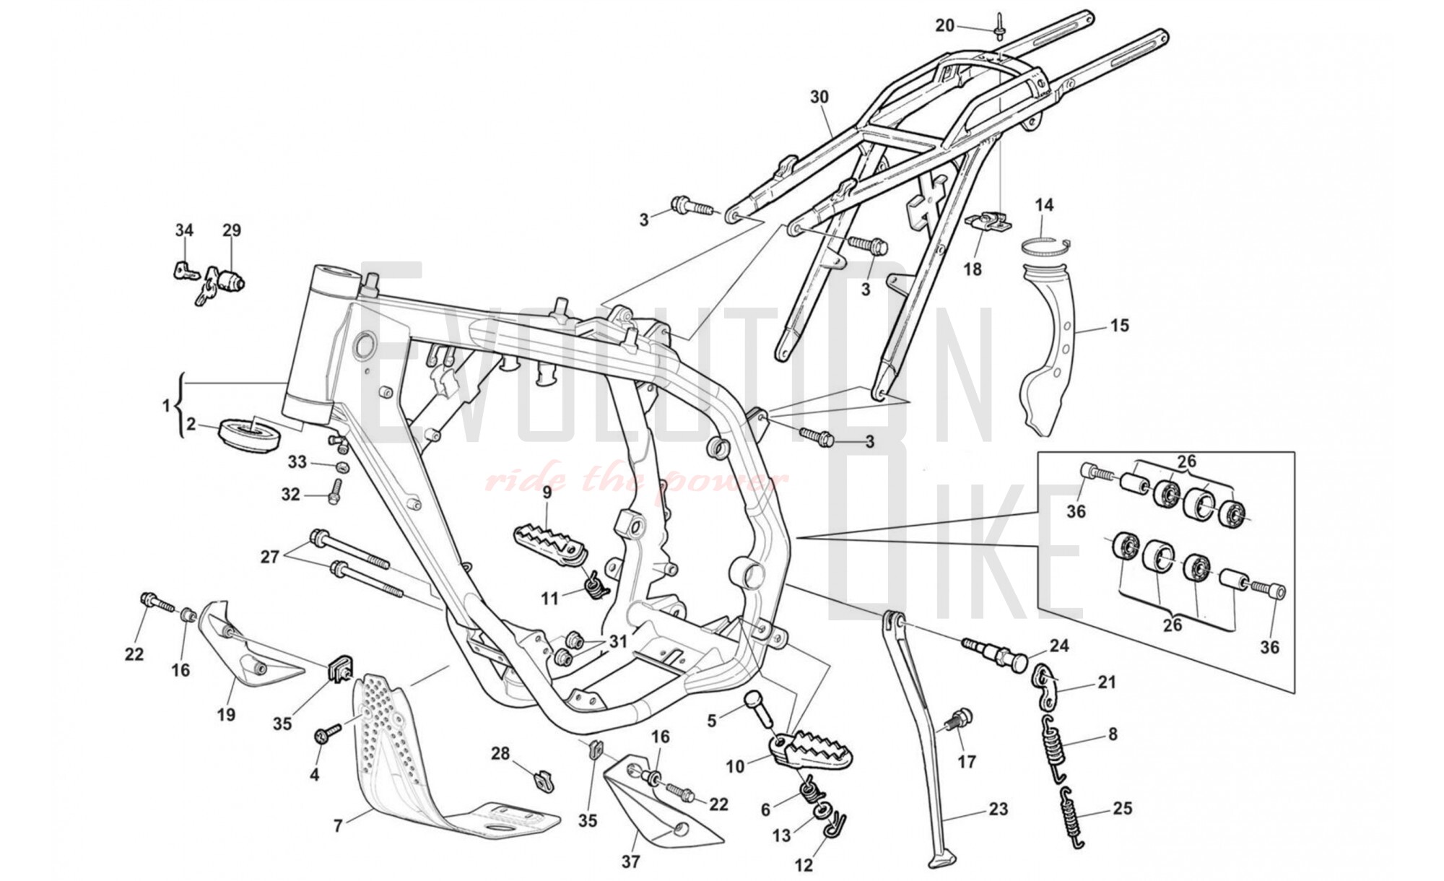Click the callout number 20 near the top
pos(944,26)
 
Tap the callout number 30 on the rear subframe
pos(819,97)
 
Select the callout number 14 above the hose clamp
pos(1044,205)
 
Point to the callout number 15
pos(1119,326)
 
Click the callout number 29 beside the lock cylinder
pos(231,230)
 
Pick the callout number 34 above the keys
pos(184,230)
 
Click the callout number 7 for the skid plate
pos(337,825)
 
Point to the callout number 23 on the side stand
pos(998,810)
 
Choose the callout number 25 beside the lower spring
pos(1122,808)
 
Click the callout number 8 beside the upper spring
pos(1113,734)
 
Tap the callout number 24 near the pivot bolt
pos(1059,646)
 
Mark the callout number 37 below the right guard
pos(630,862)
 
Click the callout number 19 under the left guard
pos(226,715)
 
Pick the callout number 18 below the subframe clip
pos(973,269)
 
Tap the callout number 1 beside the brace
pos(167,405)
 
